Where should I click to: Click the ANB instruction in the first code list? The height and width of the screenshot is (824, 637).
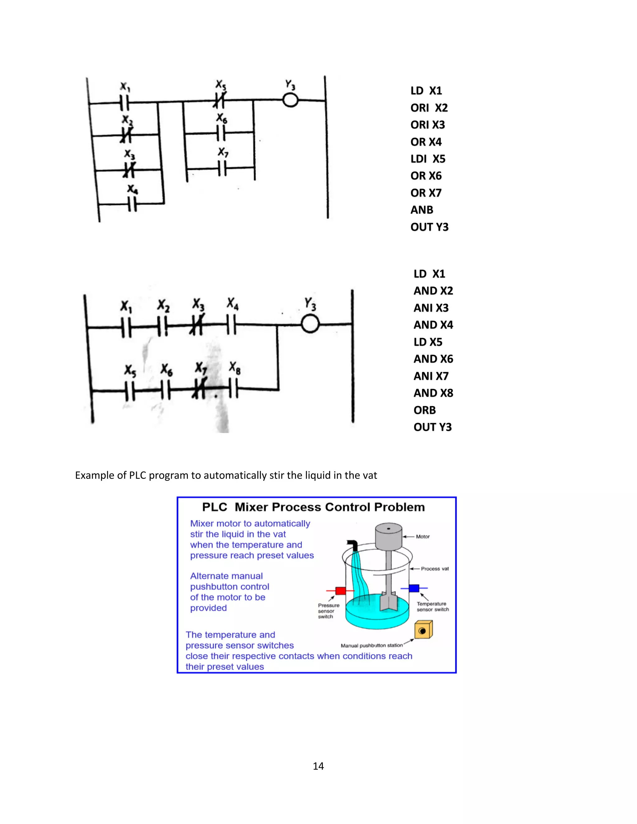[x=421, y=210]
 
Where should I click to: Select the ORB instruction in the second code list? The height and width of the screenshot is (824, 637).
[x=425, y=410]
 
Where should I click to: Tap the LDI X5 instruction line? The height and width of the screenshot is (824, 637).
[x=428, y=159]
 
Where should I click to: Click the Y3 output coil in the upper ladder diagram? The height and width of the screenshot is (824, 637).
[x=290, y=100]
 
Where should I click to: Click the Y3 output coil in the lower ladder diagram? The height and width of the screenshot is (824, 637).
[x=310, y=324]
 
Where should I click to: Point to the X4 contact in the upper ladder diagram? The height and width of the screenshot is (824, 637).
[x=132, y=204]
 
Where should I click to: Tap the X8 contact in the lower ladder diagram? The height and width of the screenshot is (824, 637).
[x=234, y=389]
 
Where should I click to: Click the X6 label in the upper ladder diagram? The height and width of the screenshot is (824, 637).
[x=221, y=118]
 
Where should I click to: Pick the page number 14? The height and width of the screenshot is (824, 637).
[x=318, y=766]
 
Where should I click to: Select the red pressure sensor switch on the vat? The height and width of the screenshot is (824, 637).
[x=341, y=590]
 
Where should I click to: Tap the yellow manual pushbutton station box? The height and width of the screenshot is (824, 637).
[x=423, y=630]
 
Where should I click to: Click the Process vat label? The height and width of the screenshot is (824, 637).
[x=435, y=569]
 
